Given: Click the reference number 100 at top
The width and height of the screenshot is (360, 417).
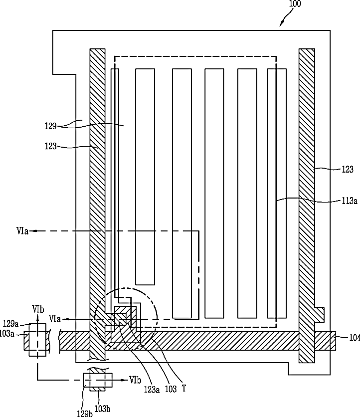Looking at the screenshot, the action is pyautogui.click(x=295, y=3).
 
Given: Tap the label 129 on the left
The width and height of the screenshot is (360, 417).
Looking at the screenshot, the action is pyautogui.click(x=50, y=126).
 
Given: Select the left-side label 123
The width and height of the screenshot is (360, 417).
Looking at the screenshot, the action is pyautogui.click(x=50, y=146).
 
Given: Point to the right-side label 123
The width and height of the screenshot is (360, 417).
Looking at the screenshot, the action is pyautogui.click(x=348, y=169).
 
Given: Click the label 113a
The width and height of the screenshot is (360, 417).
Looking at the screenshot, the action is pyautogui.click(x=350, y=201).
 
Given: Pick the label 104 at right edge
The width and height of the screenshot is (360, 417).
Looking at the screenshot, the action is pyautogui.click(x=355, y=338).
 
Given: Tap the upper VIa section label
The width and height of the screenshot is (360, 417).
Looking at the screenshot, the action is pyautogui.click(x=22, y=231).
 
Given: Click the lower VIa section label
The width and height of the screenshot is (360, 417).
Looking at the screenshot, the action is pyautogui.click(x=55, y=319).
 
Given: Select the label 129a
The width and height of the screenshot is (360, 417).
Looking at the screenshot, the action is pyautogui.click(x=10, y=324).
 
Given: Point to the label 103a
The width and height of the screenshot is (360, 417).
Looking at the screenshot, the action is pyautogui.click(x=6, y=334).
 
